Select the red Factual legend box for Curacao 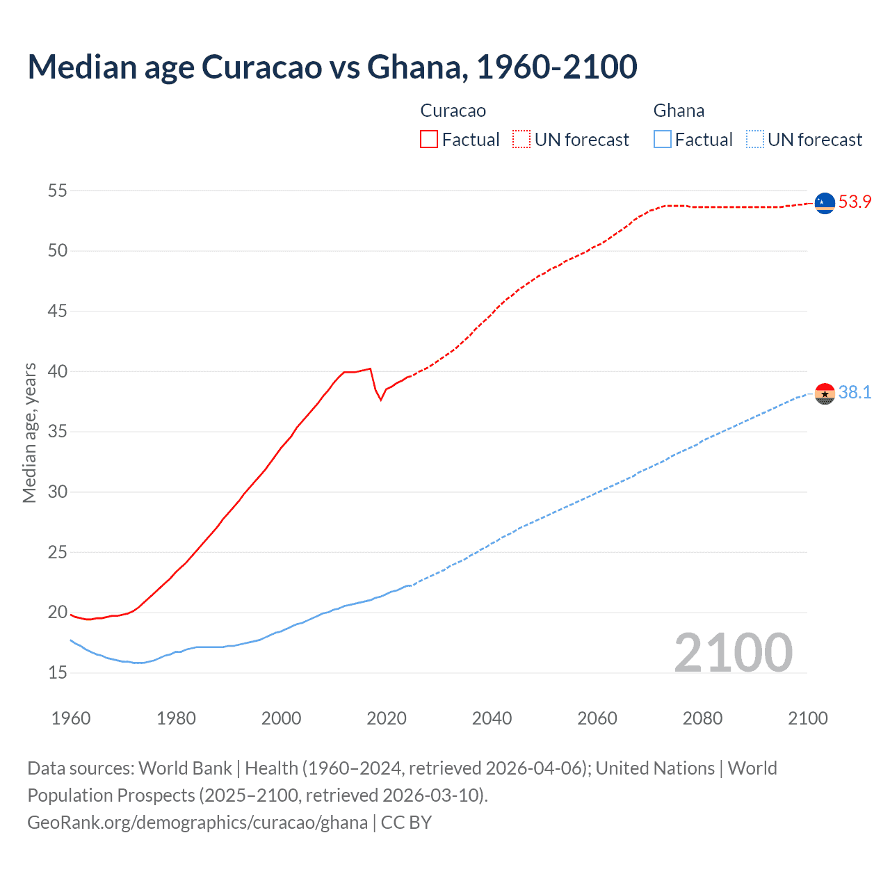click(x=429, y=140)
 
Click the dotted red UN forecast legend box click(x=521, y=140)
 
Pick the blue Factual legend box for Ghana click(x=662, y=140)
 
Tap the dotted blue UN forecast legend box click(x=754, y=140)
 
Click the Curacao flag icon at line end click(x=825, y=203)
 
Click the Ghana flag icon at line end click(x=825, y=394)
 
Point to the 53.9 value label click(x=855, y=202)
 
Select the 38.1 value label click(x=855, y=393)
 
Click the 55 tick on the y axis click(x=58, y=191)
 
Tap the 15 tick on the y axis click(x=58, y=673)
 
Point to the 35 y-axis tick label click(x=58, y=432)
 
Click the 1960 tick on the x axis click(x=71, y=718)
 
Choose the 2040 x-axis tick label click(x=492, y=718)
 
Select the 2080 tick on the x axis click(x=702, y=718)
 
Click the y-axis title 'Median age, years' click(x=29, y=432)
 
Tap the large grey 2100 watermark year click(x=733, y=652)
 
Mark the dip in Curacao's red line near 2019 click(x=380, y=399)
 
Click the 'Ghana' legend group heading click(x=679, y=111)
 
